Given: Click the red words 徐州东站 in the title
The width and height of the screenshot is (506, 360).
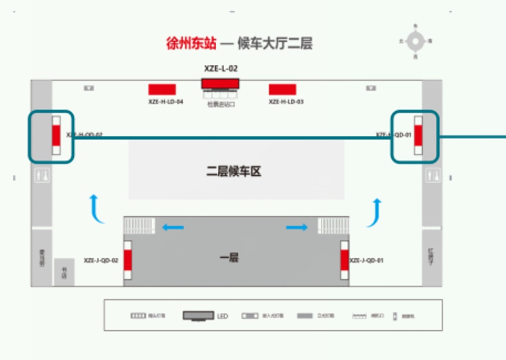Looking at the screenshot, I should pos(191,43).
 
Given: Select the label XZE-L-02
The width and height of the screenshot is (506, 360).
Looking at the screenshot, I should pos(220,68).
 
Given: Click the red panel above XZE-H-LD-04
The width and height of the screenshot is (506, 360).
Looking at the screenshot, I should pos(162,89).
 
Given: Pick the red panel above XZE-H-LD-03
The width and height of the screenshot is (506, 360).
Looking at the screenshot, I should pos(282,89).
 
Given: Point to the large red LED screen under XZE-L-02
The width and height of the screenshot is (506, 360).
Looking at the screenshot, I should pos(220,83).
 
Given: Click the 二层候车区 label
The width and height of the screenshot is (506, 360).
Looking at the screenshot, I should pos(234,172).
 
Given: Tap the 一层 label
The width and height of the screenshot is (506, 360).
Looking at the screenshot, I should pos(229,258).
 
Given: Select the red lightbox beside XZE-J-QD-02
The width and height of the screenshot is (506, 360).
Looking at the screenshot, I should pos(128,260).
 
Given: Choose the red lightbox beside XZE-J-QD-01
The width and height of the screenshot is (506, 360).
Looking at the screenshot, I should pos(345,260).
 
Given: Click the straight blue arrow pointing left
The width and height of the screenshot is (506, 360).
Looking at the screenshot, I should pos(173,227).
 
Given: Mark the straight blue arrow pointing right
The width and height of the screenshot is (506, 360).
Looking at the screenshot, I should pos(297,227).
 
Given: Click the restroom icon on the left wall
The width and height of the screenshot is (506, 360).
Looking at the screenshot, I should pos(42,175).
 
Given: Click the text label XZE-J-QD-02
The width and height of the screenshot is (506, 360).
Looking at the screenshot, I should pos(101,261).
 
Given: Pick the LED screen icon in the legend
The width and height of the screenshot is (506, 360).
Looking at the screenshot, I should pos(198,316).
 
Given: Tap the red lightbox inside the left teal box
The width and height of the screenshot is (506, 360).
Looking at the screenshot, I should pos(56,136).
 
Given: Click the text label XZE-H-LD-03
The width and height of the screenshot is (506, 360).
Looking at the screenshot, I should pos(286,102).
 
